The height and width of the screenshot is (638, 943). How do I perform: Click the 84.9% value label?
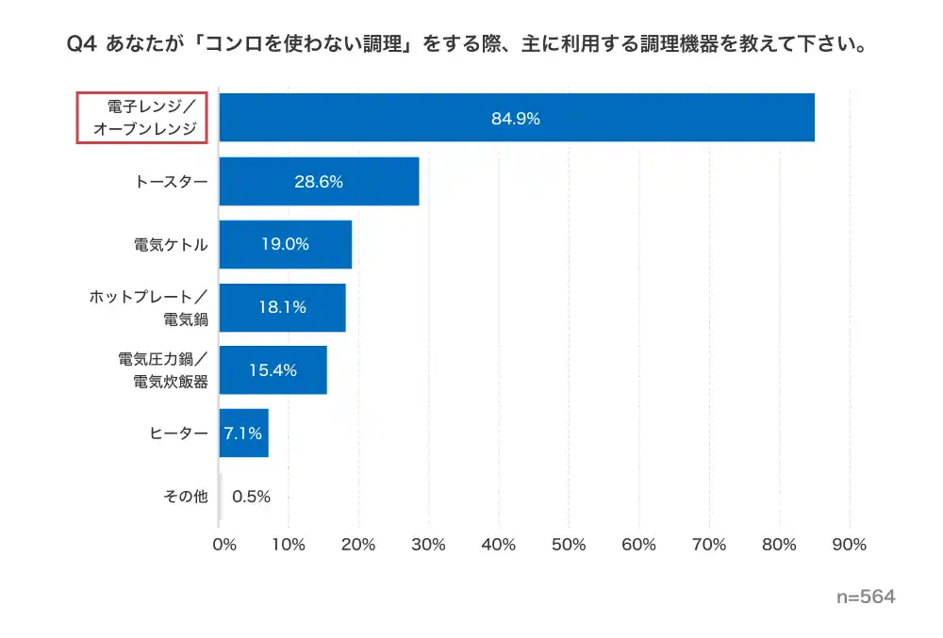pos(515,119)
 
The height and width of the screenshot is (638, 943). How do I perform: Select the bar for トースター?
pos(319,181)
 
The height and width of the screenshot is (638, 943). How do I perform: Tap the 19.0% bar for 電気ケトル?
pos(285,244)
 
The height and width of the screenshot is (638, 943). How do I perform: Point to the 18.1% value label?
pos(282,307)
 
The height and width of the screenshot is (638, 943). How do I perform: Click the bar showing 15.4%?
pos(273,370)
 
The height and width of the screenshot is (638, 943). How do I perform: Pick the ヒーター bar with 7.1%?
pos(243,434)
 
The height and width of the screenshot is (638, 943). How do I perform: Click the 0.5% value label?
pos(251,497)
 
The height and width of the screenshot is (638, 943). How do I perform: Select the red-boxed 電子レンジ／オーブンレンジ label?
pos(141,118)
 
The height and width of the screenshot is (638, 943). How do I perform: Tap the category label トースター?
pos(172,181)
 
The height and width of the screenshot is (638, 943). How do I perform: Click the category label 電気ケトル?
pos(171,244)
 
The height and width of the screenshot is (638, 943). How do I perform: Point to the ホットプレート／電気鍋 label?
pos(149,307)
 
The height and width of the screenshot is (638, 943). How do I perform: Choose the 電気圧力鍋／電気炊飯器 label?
pos(162,370)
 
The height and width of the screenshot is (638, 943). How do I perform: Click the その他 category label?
pos(185,497)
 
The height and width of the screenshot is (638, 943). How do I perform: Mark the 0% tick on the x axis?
pos(223,545)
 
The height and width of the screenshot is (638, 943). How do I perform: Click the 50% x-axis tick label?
pos(569,545)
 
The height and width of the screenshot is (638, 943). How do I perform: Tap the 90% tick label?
pos(849,545)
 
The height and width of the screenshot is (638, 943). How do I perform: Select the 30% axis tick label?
pos(429,545)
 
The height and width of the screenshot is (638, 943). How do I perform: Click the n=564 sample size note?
pos(866,597)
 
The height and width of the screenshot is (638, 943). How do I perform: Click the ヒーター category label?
pos(178,434)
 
